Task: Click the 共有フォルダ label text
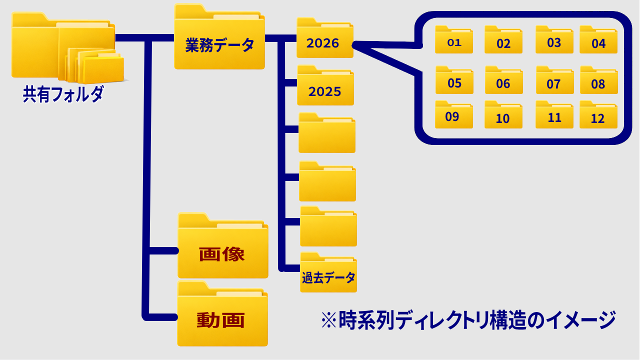click(62, 94)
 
